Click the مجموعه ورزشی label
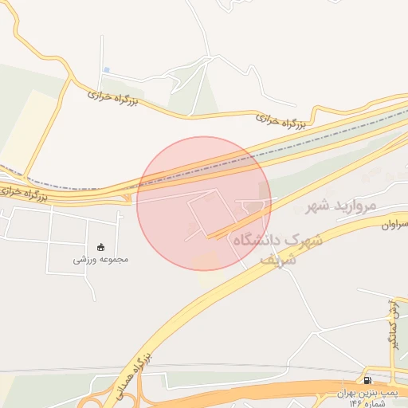coord(101,259)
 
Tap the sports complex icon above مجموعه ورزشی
coord(101,247)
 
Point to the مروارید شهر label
coord(340,207)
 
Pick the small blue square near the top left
coord(106,70)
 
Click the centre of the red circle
coord(204,203)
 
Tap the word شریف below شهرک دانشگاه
coord(280,259)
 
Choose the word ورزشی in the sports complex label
coord(86,259)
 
